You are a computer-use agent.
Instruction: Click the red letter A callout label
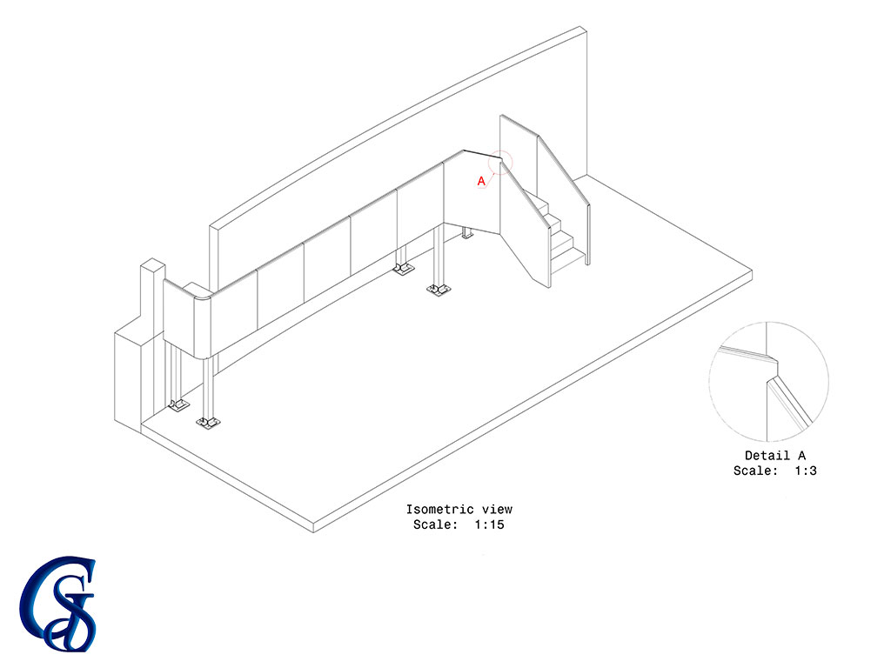pyautogui.click(x=481, y=181)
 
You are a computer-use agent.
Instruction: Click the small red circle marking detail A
pyautogui.click(x=499, y=163)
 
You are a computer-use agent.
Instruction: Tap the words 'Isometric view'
pyautogui.click(x=459, y=510)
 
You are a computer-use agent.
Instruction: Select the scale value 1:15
pyautogui.click(x=489, y=524)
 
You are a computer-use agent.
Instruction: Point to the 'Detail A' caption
pyautogui.click(x=775, y=456)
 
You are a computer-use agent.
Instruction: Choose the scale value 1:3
pyautogui.click(x=806, y=471)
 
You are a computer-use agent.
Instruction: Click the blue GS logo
pyautogui.click(x=58, y=604)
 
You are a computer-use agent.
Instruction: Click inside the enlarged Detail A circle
pyautogui.click(x=769, y=382)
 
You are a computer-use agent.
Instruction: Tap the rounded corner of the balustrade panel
pyautogui.click(x=202, y=327)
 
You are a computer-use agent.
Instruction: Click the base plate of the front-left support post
pyautogui.click(x=207, y=423)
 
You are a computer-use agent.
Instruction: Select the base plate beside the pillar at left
pyautogui.click(x=178, y=405)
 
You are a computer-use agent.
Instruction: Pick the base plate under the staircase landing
pyautogui.click(x=467, y=234)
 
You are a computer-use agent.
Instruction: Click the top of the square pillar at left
pyautogui.click(x=153, y=265)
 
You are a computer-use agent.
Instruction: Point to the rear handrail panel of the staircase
pyautogui.click(x=564, y=199)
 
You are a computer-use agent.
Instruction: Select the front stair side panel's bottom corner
pyautogui.click(x=549, y=287)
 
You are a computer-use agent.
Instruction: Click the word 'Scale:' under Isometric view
pyautogui.click(x=436, y=524)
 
